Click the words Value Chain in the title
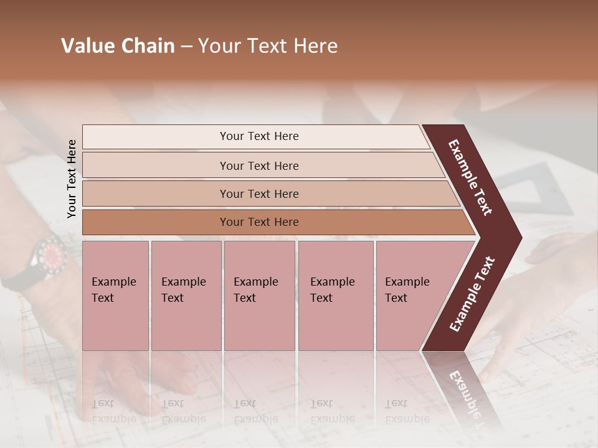pyautogui.click(x=118, y=46)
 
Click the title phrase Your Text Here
pyautogui.click(x=268, y=46)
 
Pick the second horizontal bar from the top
pyautogui.click(x=259, y=166)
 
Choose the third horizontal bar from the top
pyautogui.click(x=259, y=194)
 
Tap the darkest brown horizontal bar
pyautogui.click(x=259, y=222)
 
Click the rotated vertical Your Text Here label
pyautogui.click(x=72, y=179)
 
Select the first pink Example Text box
pyautogui.click(x=115, y=296)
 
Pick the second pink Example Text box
pyautogui.click(x=186, y=296)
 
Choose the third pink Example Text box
pyautogui.click(x=259, y=296)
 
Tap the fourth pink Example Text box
pyautogui.click(x=335, y=296)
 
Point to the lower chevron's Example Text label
pyautogui.click(x=472, y=294)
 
